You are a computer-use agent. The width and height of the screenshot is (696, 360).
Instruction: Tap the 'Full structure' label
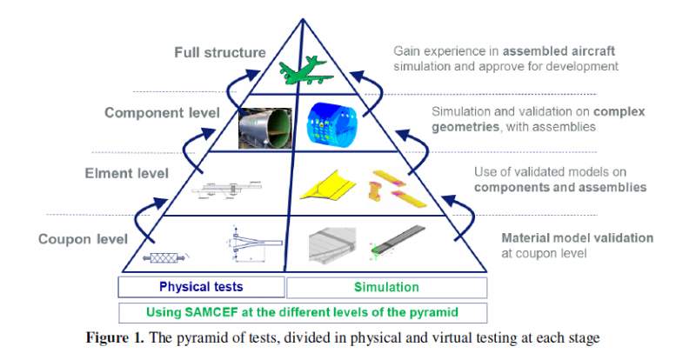pyautogui.click(x=219, y=52)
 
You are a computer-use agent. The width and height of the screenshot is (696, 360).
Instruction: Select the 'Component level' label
pyautogui.click(x=162, y=112)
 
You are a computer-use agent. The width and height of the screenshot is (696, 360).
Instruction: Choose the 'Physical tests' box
pyautogui.click(x=201, y=286)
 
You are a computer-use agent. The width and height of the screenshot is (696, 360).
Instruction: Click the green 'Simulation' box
pyautogui.click(x=385, y=286)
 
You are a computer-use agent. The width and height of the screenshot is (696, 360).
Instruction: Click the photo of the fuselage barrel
pyautogui.click(x=270, y=127)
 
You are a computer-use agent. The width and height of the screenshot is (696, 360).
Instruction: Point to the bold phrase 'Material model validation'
pyautogui.click(x=577, y=237)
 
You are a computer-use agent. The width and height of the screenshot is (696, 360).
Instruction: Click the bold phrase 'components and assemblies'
pyautogui.click(x=559, y=187)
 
